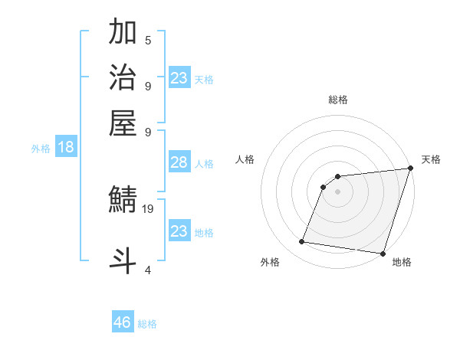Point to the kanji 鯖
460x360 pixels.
click(123, 201)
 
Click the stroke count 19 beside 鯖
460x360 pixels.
click(149, 208)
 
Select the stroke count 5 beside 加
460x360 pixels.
click(148, 40)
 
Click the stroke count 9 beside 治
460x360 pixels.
click(148, 85)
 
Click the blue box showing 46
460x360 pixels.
click(123, 322)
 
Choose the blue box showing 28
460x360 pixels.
click(179, 162)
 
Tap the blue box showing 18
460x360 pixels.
click(65, 148)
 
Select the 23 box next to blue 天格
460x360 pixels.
click(179, 78)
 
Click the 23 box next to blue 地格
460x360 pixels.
click(179, 231)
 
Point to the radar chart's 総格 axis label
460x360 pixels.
click(338, 100)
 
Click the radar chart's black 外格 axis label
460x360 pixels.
click(271, 262)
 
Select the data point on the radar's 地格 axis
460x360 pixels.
click(383, 253)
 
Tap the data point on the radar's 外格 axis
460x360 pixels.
click(302, 242)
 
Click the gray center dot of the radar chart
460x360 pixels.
click(337, 191)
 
